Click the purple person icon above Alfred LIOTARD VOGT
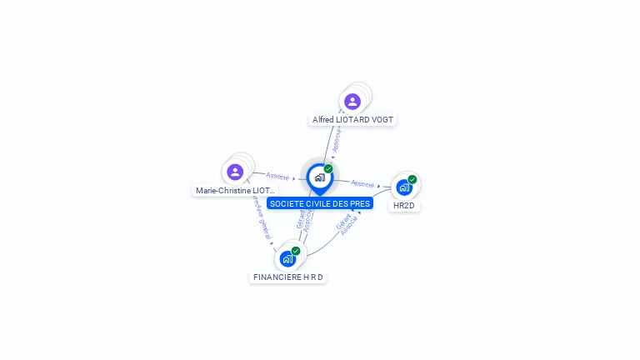352,102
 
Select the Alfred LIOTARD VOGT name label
352,120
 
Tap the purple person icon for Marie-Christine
235,172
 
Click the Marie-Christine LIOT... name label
235,191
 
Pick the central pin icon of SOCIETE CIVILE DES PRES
319,177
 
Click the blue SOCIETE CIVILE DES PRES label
320,203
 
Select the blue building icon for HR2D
404,187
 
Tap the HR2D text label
404,206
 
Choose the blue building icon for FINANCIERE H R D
287,259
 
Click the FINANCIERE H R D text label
287,277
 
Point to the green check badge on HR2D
412,179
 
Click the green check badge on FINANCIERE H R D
296,251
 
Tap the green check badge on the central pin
328,168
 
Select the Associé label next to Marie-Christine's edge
277,176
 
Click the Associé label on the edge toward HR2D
362,183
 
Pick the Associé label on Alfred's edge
337,140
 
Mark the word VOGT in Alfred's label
382,120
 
